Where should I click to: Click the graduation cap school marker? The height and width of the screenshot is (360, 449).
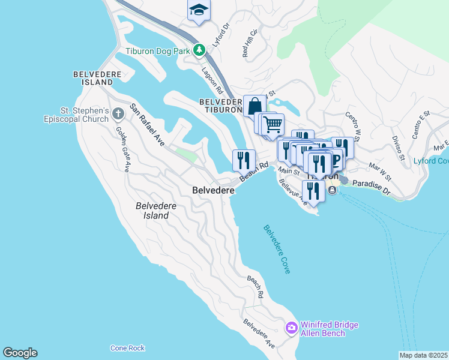pos(199,10)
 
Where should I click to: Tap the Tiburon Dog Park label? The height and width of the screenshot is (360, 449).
pos(157,51)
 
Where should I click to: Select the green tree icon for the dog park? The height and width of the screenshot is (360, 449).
pos(199,51)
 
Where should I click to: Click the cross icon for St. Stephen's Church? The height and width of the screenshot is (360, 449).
pos(118,112)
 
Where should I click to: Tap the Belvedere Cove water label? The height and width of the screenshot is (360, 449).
pos(277,250)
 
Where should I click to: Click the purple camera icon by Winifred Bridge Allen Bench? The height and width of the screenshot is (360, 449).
pos(292,328)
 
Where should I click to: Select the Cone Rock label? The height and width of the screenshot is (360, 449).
pos(127,348)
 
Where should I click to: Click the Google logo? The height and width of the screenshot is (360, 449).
pos(20,353)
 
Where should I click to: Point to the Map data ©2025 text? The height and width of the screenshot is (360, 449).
pos(423,355)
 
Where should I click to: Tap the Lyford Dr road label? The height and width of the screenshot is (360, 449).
pos(221,35)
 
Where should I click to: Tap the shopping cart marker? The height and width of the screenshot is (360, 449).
pos(273,124)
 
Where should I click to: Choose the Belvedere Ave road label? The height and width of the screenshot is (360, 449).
pos(259,334)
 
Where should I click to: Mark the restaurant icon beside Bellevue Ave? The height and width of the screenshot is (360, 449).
pos(313,190)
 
